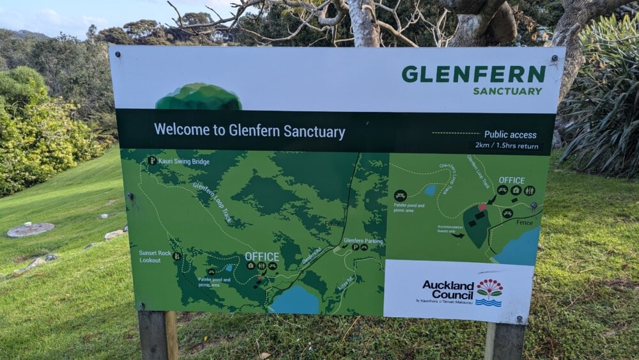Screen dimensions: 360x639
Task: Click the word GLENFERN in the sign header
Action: [x=473, y=74]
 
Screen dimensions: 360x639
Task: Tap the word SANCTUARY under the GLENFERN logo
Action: [x=507, y=91]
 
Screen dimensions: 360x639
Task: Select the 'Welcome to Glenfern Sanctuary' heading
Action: [x=249, y=131]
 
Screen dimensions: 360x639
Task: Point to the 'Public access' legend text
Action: [x=510, y=134]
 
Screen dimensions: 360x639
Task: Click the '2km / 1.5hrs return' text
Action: [x=506, y=146]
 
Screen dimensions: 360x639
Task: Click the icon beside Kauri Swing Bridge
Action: [x=152, y=160]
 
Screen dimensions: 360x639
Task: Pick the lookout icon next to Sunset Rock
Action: [x=176, y=256]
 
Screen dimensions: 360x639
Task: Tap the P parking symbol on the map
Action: [x=355, y=247]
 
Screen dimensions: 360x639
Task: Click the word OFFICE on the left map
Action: [x=262, y=256]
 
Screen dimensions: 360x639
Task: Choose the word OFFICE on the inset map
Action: [x=511, y=180]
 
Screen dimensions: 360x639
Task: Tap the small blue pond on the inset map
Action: [x=431, y=190]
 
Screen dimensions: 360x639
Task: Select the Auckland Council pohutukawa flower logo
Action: [x=489, y=292]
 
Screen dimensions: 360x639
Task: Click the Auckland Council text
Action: [x=448, y=290]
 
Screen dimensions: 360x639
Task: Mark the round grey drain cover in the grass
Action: [x=31, y=230]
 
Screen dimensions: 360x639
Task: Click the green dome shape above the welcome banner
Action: [x=199, y=97]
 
